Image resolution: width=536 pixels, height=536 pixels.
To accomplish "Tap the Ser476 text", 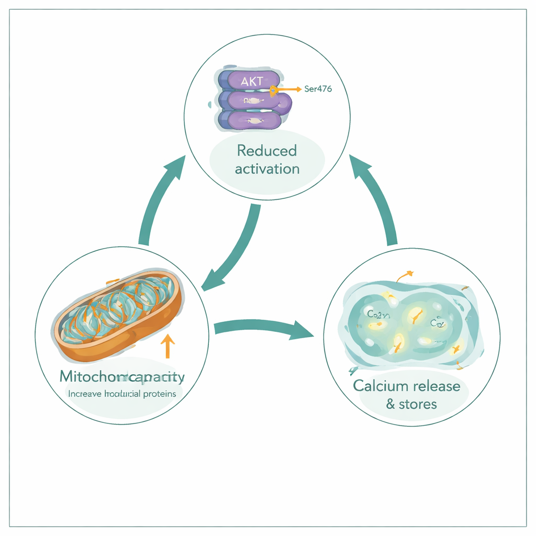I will (x=318, y=89).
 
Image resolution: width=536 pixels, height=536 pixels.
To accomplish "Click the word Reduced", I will (x=267, y=151).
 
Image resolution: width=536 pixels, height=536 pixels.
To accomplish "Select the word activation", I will (x=267, y=169).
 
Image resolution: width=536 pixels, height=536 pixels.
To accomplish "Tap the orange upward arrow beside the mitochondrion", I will (x=167, y=345).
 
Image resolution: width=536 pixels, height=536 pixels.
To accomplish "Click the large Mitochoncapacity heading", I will (x=122, y=376).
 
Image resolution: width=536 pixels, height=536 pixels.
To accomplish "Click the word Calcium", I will (x=381, y=386).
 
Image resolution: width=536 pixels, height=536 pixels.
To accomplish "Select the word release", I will (x=435, y=386).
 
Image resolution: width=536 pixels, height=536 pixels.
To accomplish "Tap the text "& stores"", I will (x=411, y=404).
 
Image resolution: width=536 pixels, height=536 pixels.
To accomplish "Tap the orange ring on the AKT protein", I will (x=273, y=91).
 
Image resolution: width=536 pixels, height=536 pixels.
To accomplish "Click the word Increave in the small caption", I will (x=86, y=394).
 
